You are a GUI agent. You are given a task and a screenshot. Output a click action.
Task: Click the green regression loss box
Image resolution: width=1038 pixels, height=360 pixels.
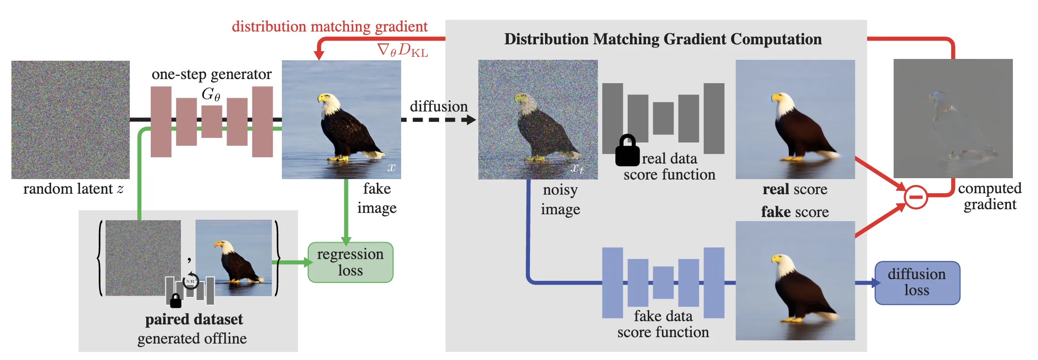pyautogui.click(x=350, y=262)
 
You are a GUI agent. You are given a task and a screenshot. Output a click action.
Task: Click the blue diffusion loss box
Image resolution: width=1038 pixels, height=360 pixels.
pyautogui.click(x=917, y=283)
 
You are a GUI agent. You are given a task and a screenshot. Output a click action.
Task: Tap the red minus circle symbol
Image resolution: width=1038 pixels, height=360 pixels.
pyautogui.click(x=916, y=197)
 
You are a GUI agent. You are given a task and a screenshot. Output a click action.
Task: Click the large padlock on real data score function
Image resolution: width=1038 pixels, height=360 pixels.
pyautogui.click(x=627, y=151)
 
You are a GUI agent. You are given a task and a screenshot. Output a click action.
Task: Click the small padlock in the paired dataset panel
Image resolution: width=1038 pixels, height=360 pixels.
pyautogui.click(x=175, y=301)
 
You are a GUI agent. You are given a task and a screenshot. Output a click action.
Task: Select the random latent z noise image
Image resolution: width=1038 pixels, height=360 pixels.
pyautogui.click(x=70, y=120)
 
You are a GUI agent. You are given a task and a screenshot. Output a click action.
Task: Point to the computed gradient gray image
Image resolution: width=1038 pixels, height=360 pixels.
pyautogui.click(x=953, y=118)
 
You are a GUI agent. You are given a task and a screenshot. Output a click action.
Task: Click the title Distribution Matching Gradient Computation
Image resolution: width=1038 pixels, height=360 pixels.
pyautogui.click(x=662, y=39)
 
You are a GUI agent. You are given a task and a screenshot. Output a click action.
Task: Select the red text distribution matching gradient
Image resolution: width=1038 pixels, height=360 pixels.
pyautogui.click(x=329, y=26)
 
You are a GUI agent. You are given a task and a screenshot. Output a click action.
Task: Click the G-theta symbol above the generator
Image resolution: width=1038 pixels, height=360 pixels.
pyautogui.click(x=211, y=94)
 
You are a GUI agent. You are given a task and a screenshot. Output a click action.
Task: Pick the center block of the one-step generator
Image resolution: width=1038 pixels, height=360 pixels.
pyautogui.click(x=212, y=121)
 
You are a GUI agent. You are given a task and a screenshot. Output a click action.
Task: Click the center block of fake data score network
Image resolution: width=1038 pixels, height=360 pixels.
pyautogui.click(x=663, y=283)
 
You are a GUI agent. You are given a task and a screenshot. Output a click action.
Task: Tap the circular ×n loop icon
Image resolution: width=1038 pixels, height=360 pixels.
pyautogui.click(x=191, y=281)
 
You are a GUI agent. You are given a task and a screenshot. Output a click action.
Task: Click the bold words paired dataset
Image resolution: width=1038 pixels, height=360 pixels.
pyautogui.click(x=194, y=319)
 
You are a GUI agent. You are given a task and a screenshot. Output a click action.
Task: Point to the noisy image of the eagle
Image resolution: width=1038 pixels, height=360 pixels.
pyautogui.click(x=538, y=120)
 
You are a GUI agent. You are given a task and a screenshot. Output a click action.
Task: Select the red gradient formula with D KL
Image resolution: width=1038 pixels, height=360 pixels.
pyautogui.click(x=402, y=50)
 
